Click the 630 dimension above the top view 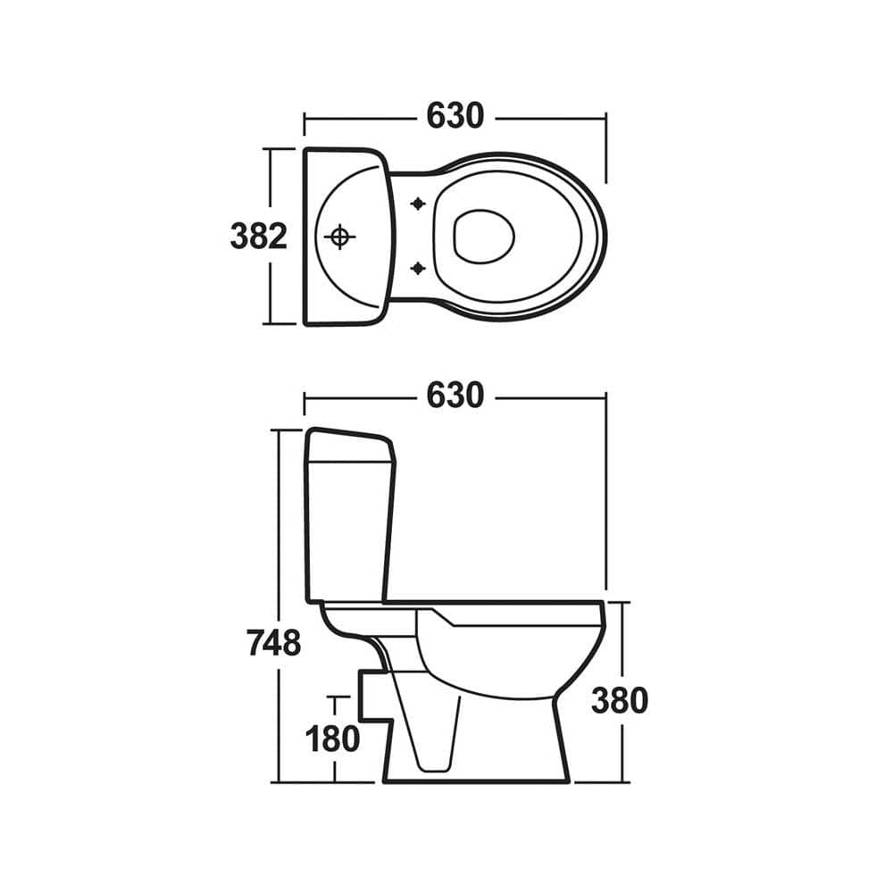(x=455, y=116)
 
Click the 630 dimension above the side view (x=455, y=396)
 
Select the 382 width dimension (x=259, y=237)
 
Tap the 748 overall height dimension (x=274, y=642)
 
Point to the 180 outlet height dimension (x=332, y=739)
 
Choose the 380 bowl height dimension (x=619, y=702)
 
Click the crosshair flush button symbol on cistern (x=338, y=237)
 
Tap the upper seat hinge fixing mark (x=416, y=204)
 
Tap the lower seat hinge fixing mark (x=416, y=267)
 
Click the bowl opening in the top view (x=484, y=237)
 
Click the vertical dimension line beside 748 (x=279, y=536)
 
